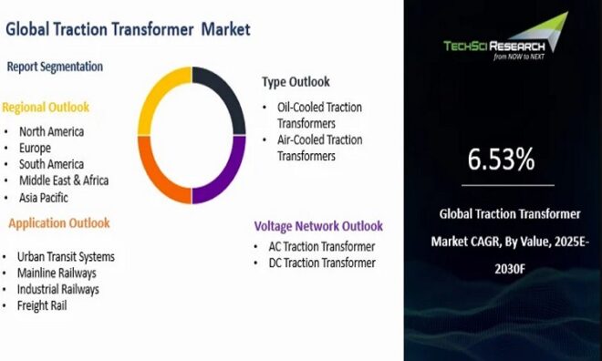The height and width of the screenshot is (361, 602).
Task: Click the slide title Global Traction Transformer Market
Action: pyautogui.click(x=128, y=29)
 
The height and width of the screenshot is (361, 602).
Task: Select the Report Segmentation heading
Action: pyautogui.click(x=55, y=67)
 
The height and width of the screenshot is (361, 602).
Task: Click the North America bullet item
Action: pyautogui.click(x=51, y=131)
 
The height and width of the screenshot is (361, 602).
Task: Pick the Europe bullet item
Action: pyautogui.click(x=35, y=148)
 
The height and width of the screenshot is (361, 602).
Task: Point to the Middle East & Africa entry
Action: pyautogui.click(x=64, y=180)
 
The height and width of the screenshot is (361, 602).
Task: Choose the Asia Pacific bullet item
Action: pyautogui.click(x=43, y=197)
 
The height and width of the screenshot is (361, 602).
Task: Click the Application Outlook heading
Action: pyautogui.click(x=59, y=223)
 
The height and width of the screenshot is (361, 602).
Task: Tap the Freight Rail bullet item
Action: pyautogui.click(x=42, y=305)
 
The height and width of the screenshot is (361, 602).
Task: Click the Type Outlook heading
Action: pyautogui.click(x=296, y=82)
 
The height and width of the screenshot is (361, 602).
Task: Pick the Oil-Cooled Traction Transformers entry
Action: pyautogui.click(x=319, y=115)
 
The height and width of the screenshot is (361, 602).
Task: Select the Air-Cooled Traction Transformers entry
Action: pyautogui.click(x=319, y=148)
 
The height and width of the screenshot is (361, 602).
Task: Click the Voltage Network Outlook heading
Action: pyautogui.click(x=318, y=226)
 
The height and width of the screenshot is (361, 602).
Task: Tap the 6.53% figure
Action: pyautogui.click(x=501, y=160)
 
